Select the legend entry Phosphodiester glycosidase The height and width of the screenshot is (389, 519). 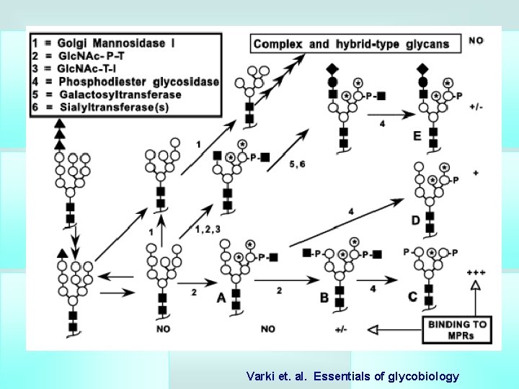[125, 81]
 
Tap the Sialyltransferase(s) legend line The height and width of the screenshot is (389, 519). [100, 107]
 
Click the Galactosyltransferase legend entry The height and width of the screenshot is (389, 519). [107, 94]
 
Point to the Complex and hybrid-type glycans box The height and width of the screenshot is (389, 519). [356, 44]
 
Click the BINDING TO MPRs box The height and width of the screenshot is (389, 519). [457, 330]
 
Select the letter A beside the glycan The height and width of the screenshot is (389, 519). [221, 298]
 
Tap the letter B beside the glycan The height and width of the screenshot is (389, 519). [324, 298]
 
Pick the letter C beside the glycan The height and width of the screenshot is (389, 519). [412, 297]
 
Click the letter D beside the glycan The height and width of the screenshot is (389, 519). [415, 220]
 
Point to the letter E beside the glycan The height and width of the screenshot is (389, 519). [417, 136]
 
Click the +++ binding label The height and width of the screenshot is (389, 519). [476, 272]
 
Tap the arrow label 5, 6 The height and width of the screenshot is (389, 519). [297, 164]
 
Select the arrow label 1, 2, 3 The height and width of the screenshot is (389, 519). [207, 229]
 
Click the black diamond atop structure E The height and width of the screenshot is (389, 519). [422, 69]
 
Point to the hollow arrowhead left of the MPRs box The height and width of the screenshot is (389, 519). [373, 330]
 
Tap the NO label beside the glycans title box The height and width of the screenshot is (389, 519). [476, 40]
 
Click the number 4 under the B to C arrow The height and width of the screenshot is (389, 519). [373, 289]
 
